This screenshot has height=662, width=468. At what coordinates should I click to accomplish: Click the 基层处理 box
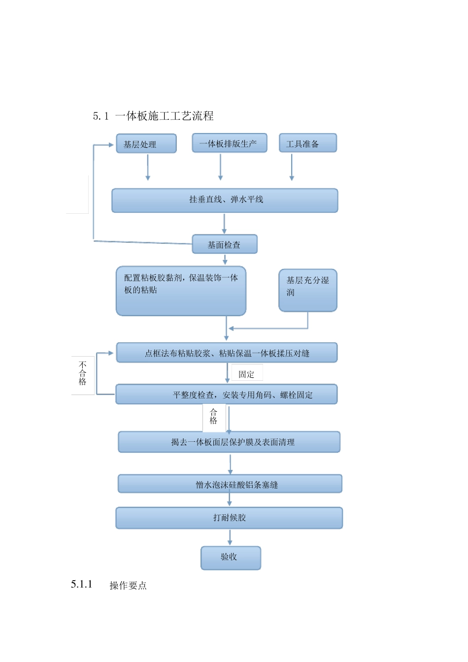click(146, 144)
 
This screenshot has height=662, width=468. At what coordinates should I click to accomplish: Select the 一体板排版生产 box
click(230, 143)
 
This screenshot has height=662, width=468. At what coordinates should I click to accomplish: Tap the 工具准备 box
click(308, 143)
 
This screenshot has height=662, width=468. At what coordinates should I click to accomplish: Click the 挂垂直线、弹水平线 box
click(225, 200)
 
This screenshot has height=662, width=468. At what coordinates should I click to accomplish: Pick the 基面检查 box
click(225, 244)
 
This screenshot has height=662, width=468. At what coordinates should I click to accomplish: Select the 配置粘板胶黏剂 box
click(181, 291)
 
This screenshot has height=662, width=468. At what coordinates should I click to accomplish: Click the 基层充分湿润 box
click(308, 290)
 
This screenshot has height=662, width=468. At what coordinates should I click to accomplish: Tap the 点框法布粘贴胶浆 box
click(227, 353)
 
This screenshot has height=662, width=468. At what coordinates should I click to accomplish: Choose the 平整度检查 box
click(227, 395)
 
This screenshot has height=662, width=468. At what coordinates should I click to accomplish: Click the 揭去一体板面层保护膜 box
click(229, 442)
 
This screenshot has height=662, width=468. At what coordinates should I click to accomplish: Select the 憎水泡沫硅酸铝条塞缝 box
click(230, 484)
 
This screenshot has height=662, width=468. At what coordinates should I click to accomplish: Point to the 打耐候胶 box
click(229, 518)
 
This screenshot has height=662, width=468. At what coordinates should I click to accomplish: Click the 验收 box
click(231, 558)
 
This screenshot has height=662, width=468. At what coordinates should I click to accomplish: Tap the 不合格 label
click(83, 374)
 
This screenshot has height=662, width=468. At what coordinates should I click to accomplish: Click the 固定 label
click(246, 374)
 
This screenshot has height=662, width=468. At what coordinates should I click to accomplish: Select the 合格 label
click(214, 417)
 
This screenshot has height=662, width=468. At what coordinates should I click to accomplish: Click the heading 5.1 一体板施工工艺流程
click(153, 116)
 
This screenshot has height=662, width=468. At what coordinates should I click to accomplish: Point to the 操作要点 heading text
click(128, 585)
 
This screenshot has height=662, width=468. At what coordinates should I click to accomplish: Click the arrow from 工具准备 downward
click(292, 167)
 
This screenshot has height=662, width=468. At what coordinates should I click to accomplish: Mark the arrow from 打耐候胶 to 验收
click(230, 537)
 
